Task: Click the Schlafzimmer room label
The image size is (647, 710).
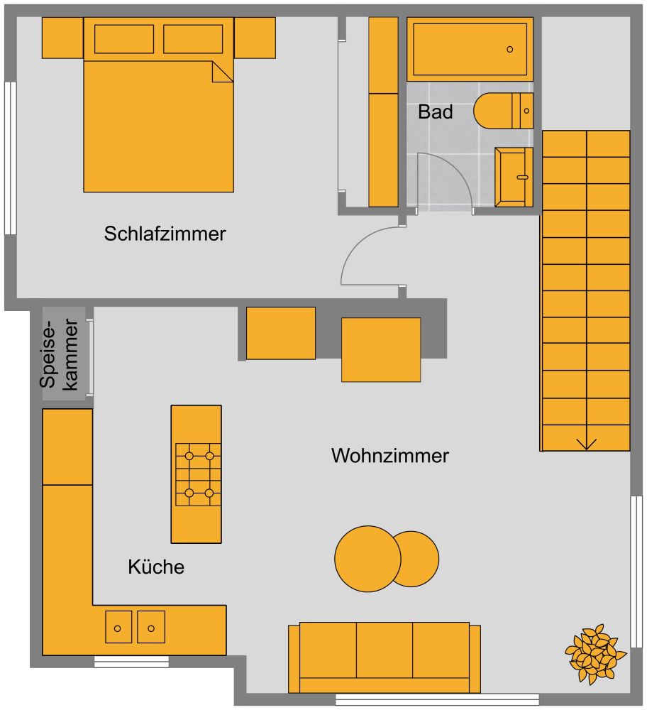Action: pos(165,234)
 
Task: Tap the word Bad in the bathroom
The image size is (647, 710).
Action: pos(435,111)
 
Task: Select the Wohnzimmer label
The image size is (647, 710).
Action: pos(389,456)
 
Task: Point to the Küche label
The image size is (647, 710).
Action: pos(156,567)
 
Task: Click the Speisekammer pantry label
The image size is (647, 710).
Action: pos(59,353)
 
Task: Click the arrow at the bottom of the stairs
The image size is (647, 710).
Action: pos(586,443)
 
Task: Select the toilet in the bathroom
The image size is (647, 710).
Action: pos(502,111)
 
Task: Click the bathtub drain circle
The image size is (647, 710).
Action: pos(509,49)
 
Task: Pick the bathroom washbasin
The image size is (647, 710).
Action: pos(514,176)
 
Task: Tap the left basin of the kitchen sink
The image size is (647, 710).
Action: pos(118,628)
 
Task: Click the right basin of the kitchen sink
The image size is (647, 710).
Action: pos(150,628)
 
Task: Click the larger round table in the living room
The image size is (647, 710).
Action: pos(367,559)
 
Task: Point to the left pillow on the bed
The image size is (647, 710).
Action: pos(124,39)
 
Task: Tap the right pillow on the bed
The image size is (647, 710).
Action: pos(193,39)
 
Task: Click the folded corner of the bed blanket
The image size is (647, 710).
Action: pos(222,71)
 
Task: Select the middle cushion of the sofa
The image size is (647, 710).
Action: pos(384,650)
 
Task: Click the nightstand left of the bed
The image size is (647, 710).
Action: pos(62,38)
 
